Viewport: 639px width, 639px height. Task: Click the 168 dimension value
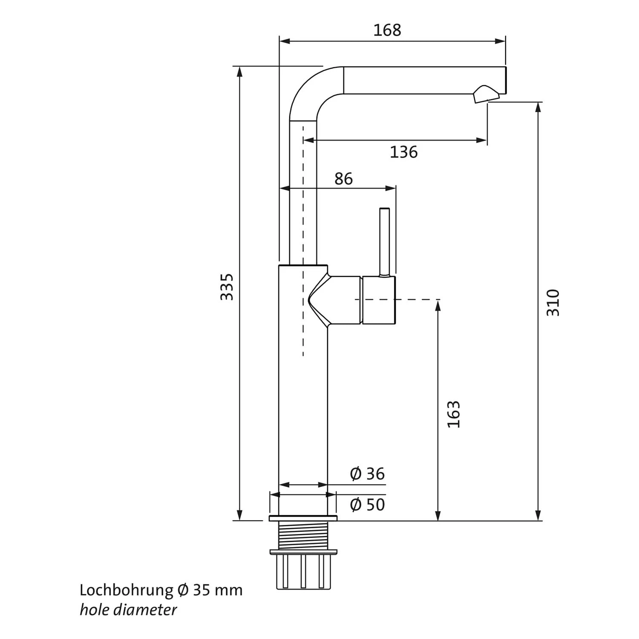(x=387, y=30)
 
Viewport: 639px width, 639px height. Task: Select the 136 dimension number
(x=403, y=152)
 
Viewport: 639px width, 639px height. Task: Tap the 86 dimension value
(x=343, y=179)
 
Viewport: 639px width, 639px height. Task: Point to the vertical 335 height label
(x=227, y=287)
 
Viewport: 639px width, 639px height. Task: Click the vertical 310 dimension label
(x=553, y=302)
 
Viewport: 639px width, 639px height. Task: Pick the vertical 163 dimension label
(x=454, y=414)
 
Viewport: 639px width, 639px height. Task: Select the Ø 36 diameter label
(x=367, y=474)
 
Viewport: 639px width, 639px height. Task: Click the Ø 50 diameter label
(x=367, y=505)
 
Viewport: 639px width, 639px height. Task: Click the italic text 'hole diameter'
(x=128, y=610)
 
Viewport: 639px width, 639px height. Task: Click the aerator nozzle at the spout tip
(x=485, y=94)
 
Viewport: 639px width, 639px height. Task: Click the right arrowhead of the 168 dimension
(x=501, y=41)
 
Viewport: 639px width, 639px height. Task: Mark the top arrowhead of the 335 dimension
(x=240, y=72)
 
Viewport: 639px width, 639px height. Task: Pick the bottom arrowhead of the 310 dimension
(x=538, y=515)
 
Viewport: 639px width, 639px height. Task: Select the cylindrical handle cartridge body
(x=378, y=300)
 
